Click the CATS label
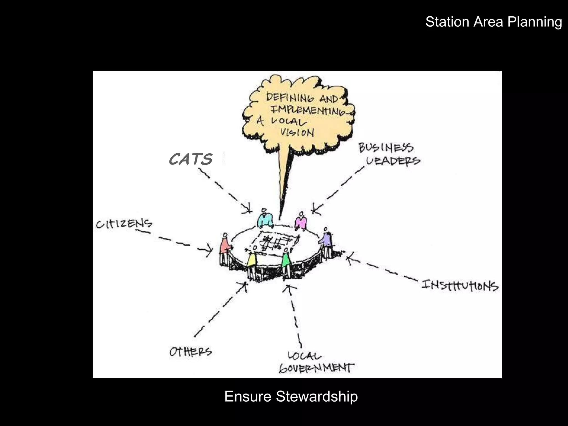191,159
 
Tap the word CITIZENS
124,224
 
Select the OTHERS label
191,352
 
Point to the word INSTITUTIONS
460,286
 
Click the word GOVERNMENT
316,368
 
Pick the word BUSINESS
386,148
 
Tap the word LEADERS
393,161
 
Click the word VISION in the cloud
297,132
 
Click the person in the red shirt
225,248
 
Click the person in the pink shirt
301,221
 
